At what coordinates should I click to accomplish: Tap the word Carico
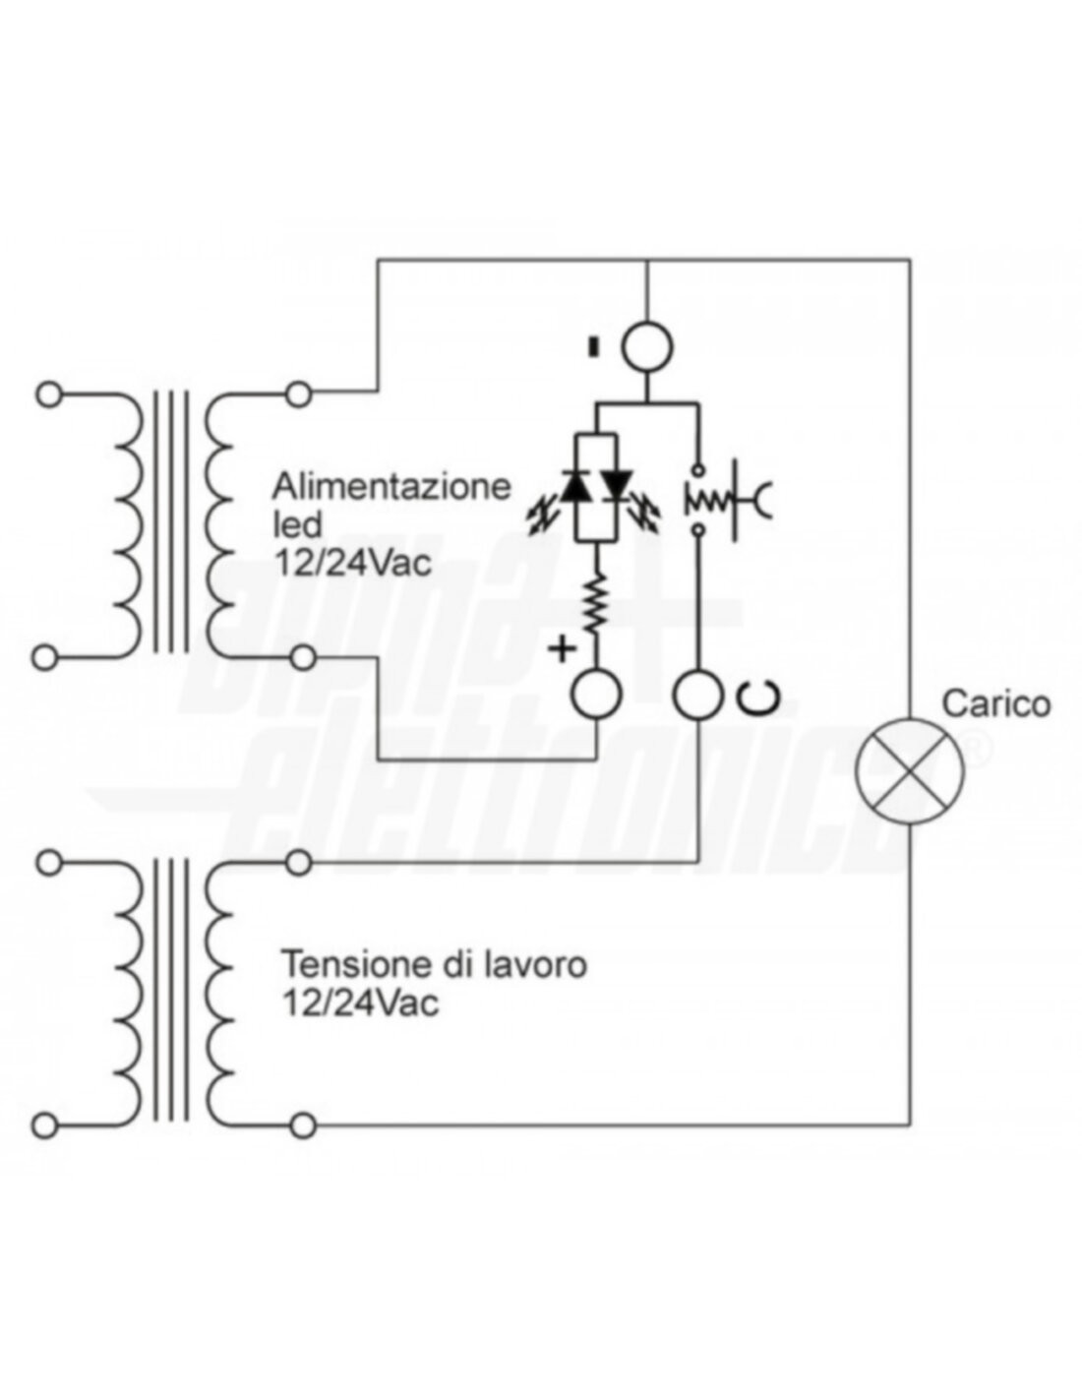[x=995, y=703]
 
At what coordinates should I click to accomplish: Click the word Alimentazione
[x=391, y=486]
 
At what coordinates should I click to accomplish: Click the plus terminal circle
[x=596, y=695]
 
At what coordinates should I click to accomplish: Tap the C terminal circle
[x=697, y=695]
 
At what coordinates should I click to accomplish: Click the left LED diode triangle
[x=574, y=485]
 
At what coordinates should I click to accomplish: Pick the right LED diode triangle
[x=618, y=485]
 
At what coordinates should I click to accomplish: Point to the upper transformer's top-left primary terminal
[x=45, y=395]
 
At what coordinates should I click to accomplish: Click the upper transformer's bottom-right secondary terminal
[x=301, y=656]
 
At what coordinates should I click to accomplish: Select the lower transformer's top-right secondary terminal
[x=301, y=863]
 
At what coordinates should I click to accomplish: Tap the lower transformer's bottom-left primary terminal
[x=45, y=1124]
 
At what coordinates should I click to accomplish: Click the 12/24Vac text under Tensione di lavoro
[x=359, y=1004]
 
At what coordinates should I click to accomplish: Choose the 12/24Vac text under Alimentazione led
[x=351, y=566]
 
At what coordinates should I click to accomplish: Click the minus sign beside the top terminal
[x=592, y=346]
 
